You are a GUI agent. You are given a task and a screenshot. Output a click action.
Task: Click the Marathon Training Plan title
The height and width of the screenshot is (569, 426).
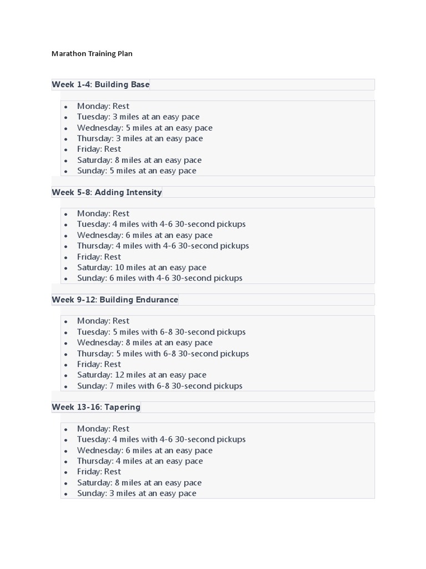tap(92, 54)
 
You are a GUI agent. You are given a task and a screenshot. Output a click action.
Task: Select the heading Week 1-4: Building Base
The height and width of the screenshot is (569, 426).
tap(100, 84)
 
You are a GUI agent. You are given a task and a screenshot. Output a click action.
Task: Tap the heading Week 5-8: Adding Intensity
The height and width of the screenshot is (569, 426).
tap(106, 192)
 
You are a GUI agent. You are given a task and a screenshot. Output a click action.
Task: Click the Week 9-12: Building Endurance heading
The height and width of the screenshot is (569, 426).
tap(115, 300)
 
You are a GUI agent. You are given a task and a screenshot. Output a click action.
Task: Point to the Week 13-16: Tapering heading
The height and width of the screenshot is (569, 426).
tap(96, 407)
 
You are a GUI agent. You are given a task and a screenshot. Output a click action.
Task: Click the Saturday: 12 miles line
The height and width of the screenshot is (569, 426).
tap(141, 375)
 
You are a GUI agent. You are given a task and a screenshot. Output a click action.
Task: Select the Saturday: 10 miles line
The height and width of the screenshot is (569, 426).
tap(141, 267)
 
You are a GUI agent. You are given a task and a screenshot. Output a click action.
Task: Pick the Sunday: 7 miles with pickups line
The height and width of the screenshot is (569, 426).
tap(159, 386)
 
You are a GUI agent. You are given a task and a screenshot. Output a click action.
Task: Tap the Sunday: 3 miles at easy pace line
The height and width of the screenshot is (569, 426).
tap(136, 493)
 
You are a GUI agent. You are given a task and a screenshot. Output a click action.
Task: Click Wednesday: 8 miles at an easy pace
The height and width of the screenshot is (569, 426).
tap(145, 342)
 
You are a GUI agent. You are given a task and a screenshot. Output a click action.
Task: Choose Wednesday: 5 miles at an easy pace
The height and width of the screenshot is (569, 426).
tap(145, 128)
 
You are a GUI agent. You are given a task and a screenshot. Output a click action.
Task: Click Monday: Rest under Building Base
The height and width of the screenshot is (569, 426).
tap(103, 106)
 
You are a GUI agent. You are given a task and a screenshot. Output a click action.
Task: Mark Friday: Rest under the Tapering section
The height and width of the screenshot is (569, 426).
tap(99, 472)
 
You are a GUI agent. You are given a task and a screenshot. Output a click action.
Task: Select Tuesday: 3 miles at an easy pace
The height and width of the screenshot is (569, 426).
tap(138, 117)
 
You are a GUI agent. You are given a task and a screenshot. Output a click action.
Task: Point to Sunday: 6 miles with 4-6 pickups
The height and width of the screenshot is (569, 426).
tap(159, 278)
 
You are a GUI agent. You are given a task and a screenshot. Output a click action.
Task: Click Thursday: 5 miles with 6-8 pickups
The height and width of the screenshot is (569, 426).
tap(163, 353)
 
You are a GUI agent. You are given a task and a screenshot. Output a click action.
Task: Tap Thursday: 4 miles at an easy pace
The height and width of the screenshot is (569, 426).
tap(140, 461)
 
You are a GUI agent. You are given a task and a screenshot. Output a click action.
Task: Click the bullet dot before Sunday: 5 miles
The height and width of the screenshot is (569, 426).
tap(66, 171)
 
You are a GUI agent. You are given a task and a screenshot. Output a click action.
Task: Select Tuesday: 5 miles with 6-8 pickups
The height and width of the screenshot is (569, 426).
tap(161, 332)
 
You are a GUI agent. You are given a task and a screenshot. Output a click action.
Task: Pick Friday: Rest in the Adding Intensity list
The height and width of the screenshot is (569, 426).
tap(99, 257)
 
